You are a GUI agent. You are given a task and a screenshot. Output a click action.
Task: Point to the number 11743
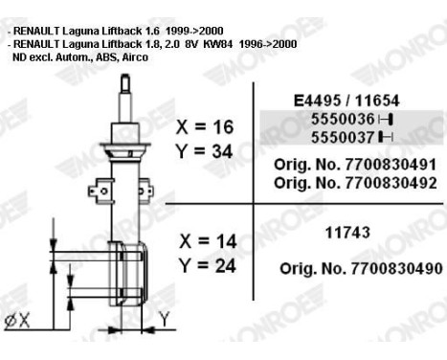(335, 232)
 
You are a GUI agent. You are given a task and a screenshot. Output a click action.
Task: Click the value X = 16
(205, 126)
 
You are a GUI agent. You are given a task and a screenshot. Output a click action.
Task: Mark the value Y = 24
(205, 265)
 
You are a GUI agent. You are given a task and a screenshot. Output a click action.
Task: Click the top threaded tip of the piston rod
(124, 79)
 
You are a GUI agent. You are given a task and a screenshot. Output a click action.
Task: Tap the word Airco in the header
(135, 56)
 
